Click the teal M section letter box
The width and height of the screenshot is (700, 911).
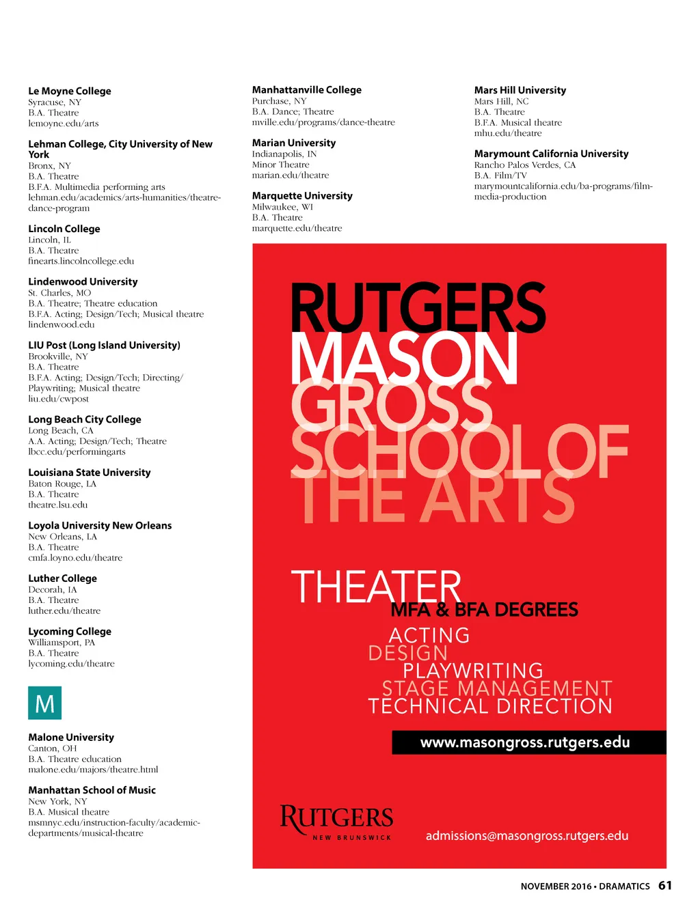pos(44,703)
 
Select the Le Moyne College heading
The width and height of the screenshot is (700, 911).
pos(70,91)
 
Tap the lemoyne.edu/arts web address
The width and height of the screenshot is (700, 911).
pos(64,124)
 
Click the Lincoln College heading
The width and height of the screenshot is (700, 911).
pos(64,229)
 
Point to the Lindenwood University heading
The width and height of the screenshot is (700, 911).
pos(83,281)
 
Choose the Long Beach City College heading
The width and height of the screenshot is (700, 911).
pos(85,419)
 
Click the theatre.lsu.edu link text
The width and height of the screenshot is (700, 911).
pos(58,505)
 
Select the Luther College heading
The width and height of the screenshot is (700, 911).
pos(62,578)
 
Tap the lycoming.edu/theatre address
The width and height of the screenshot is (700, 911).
pos(71,664)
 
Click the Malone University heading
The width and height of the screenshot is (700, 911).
pos(71,738)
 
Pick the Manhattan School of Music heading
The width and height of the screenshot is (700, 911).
pos(92,790)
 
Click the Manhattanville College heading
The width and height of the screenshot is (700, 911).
pos(307,89)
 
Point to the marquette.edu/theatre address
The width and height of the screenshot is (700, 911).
pos(297,228)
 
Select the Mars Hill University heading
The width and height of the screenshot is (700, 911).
pos(520,90)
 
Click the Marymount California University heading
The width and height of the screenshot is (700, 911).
pos(551,154)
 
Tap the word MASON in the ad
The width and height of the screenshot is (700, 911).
pos(404,359)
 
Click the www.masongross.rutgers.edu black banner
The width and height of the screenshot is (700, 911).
pos(528,742)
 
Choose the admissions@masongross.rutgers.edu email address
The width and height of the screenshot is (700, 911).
pos(526,836)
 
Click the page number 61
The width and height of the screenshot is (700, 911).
pos(665,886)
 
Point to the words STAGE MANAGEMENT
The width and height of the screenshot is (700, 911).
pos(497,688)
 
